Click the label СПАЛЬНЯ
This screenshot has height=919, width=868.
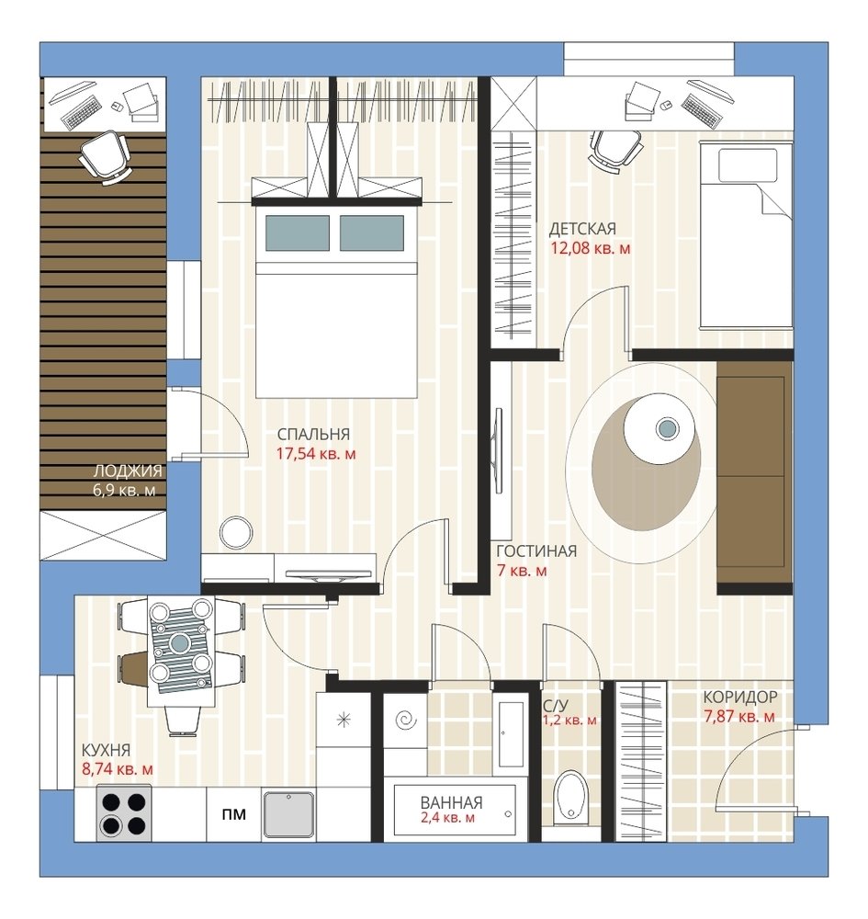(x=313, y=435)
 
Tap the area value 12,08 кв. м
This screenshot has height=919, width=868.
(x=591, y=248)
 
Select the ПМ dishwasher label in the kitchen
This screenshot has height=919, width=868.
(x=233, y=814)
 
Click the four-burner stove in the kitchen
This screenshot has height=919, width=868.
(x=123, y=814)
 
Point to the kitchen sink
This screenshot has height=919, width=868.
(x=289, y=815)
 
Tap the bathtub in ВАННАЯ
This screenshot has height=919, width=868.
(x=455, y=811)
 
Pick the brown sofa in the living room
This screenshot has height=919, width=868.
(x=754, y=477)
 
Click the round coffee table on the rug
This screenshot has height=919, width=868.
(x=659, y=429)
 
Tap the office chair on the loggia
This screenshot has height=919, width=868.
(x=105, y=156)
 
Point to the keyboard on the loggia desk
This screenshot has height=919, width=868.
(x=80, y=113)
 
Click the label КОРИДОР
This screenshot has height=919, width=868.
(x=740, y=697)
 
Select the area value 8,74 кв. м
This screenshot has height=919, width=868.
(x=118, y=769)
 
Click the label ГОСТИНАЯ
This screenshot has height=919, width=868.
(x=536, y=550)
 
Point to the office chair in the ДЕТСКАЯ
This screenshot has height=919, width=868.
(x=615, y=148)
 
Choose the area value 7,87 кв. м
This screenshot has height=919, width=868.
(x=739, y=716)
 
